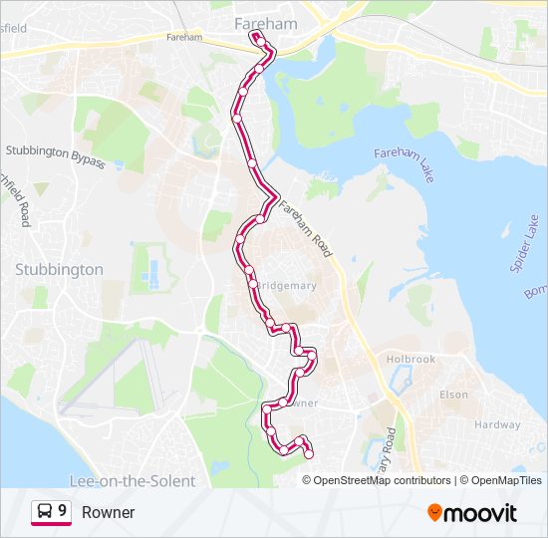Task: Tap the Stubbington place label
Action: click(59, 269)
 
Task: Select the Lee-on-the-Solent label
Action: click(133, 480)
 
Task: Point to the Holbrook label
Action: click(411, 359)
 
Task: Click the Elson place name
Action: click(452, 395)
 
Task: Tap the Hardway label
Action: click(497, 424)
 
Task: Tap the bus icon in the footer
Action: click(45, 511)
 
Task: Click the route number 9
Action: click(63, 511)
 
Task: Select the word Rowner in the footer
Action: click(108, 512)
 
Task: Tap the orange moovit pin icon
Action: click(434, 513)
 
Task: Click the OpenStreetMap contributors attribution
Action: click(382, 480)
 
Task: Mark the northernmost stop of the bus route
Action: click(256, 37)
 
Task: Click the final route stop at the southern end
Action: click(308, 454)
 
